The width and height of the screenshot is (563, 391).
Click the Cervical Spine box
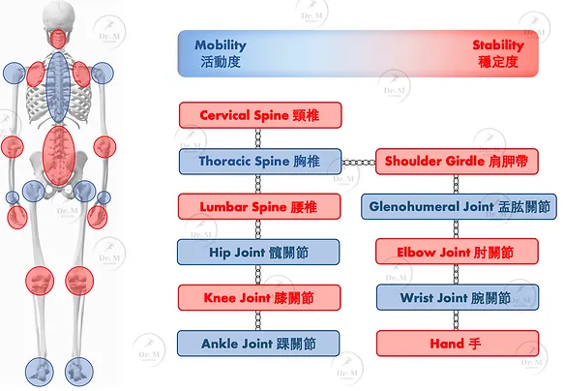point(260,115)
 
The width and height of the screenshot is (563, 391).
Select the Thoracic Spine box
point(260,162)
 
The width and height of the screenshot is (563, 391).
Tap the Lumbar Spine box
point(259,207)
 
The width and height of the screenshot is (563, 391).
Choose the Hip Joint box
point(258,253)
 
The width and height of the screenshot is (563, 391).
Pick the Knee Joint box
point(259,297)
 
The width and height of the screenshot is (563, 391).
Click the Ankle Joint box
point(258,344)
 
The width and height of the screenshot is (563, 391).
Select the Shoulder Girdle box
point(457,162)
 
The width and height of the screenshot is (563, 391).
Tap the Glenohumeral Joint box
point(459,207)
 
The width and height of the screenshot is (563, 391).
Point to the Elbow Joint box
point(457,252)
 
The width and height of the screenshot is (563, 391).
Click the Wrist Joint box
point(458,297)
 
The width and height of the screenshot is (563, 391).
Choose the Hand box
point(458,344)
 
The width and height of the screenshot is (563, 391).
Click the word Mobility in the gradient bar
point(221,45)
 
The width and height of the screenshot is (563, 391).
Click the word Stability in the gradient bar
point(498,45)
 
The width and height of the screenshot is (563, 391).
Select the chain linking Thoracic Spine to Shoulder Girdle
point(359,163)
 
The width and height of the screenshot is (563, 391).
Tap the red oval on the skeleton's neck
point(58,39)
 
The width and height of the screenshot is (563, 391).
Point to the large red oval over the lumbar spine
point(59,156)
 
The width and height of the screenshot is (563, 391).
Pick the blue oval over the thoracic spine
point(58,87)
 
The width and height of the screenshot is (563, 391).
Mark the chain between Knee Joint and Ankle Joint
point(258,320)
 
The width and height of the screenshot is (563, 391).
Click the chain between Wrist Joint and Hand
point(456,320)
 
